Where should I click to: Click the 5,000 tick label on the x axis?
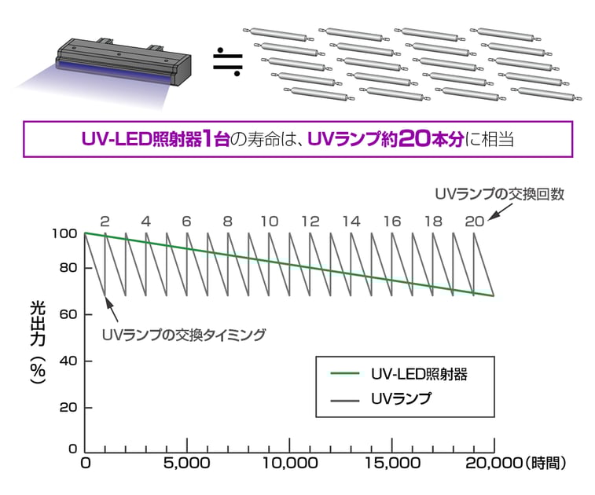coord(187,463)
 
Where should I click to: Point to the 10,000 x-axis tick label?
coord(290,463)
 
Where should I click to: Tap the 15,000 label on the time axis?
coord(393,463)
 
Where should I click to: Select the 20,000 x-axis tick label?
coord(494,463)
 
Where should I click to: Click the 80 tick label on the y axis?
coord(68,268)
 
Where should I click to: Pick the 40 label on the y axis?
coord(68,361)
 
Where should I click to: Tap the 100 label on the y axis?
coord(64,233)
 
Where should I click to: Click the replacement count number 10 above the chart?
coord(270,221)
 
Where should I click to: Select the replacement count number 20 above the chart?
coord(474,221)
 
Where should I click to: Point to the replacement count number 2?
coord(105,221)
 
